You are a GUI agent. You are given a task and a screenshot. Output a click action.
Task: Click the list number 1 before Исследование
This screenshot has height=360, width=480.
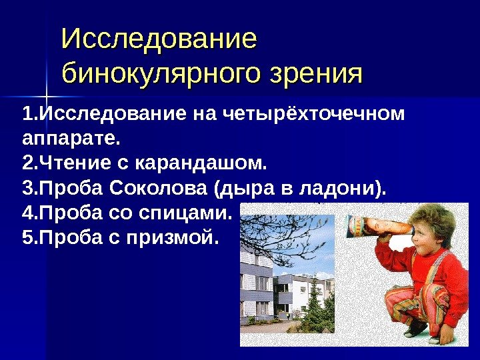coord(26,114)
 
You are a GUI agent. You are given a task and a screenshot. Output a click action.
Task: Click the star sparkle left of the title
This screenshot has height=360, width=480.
coord(46,91)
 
